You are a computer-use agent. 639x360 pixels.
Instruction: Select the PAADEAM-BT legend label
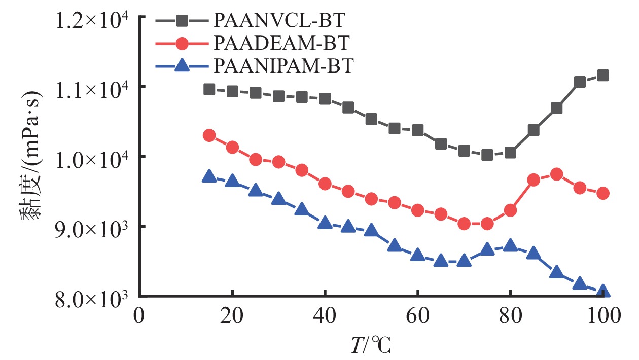point(282,43)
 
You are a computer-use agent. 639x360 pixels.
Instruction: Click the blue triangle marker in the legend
point(182,65)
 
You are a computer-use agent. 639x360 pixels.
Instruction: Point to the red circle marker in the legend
point(182,44)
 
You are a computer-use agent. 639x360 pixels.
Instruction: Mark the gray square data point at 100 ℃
point(603,76)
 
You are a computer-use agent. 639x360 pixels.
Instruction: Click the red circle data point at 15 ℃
point(209,135)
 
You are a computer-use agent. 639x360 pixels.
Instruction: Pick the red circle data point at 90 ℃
point(556,174)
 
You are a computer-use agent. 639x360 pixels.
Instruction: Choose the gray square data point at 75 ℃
point(487,155)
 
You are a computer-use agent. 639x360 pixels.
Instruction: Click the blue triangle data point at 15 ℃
point(209,176)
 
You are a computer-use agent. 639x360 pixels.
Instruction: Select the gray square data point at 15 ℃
point(209,89)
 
